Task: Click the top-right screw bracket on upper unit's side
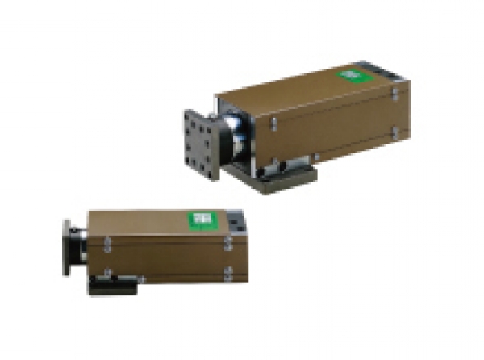click(395, 94)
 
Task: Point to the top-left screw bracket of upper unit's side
click(274, 123)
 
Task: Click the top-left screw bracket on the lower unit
click(106, 241)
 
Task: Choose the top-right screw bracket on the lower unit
click(228, 241)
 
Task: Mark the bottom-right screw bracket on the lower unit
click(228, 273)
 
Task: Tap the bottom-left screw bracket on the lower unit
click(106, 272)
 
